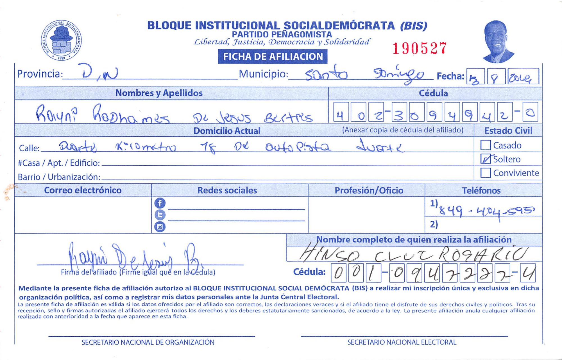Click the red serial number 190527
pyautogui.click(x=419, y=48)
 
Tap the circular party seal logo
pyautogui.click(x=62, y=40)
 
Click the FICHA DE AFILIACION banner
pyautogui.click(x=273, y=57)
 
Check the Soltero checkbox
pyautogui.click(x=486, y=159)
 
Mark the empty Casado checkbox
pyautogui.click(x=486, y=145)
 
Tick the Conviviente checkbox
pyautogui.click(x=486, y=173)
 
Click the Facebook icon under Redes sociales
pyautogui.click(x=160, y=203)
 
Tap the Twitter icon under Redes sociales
pyautogui.click(x=160, y=215)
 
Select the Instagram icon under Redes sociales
pyautogui.click(x=160, y=227)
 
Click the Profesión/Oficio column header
pyautogui.click(x=369, y=190)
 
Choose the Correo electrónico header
pyautogui.click(x=83, y=190)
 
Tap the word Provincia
pyautogui.click(x=39, y=74)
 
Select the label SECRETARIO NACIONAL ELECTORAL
pyautogui.click(x=402, y=342)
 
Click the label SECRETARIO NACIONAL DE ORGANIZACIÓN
pyautogui.click(x=148, y=342)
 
